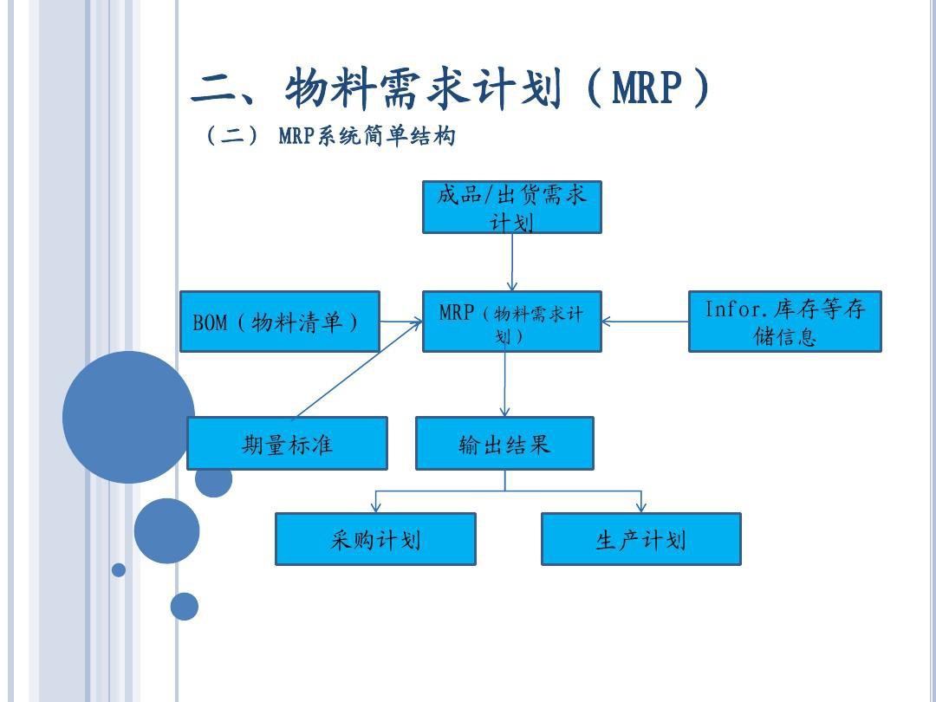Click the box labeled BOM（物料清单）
[279, 322]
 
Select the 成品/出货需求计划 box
[511, 207]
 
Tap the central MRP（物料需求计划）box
[511, 322]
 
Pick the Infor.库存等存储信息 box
[784, 322]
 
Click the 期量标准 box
[287, 443]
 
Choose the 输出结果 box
[504, 443]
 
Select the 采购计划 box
[375, 539]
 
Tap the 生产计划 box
[641, 539]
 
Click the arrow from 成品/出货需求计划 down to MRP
[511, 262]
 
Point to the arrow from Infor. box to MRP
[646, 322]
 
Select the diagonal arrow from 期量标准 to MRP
[359, 369]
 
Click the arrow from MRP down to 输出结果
[505, 384]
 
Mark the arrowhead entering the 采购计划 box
[375, 507]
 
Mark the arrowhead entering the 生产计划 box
[641, 507]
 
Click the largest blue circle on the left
[128, 417]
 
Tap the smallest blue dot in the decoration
[119, 569]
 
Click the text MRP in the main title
[647, 88]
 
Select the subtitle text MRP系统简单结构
[367, 135]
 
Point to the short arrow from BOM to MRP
[401, 322]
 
